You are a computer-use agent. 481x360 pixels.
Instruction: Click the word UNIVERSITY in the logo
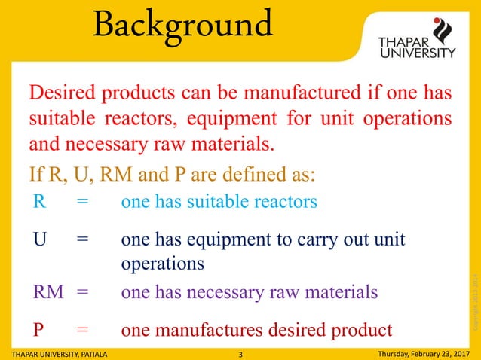pos(416,53)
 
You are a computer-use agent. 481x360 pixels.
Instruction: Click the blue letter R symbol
pos(38,203)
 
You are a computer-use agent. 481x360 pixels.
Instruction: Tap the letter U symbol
pos(39,240)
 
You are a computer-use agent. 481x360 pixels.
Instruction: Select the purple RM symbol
pos(48,291)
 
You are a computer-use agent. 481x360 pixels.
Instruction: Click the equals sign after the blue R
pos(82,203)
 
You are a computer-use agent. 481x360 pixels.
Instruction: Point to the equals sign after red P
pos(82,329)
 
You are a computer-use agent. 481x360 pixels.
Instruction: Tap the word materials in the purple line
pos(332,291)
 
